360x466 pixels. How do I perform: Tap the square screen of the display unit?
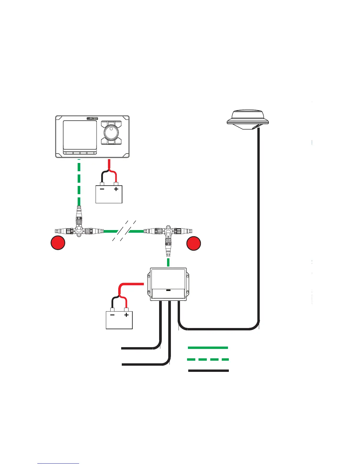click(x=80, y=136)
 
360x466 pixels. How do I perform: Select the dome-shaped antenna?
click(x=248, y=119)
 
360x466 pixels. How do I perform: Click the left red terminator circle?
click(x=58, y=243)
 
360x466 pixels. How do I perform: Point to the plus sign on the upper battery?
click(x=116, y=189)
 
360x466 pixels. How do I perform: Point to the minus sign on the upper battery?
click(x=102, y=189)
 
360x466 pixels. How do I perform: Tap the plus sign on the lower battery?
click(x=126, y=315)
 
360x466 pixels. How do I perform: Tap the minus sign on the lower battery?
click(x=112, y=315)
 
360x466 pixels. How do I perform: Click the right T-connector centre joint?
click(x=168, y=231)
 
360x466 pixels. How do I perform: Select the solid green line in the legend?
click(x=208, y=348)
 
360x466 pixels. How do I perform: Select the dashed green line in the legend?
click(x=208, y=360)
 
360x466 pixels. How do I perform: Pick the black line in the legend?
click(x=209, y=371)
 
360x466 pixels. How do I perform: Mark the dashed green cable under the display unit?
click(x=79, y=182)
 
